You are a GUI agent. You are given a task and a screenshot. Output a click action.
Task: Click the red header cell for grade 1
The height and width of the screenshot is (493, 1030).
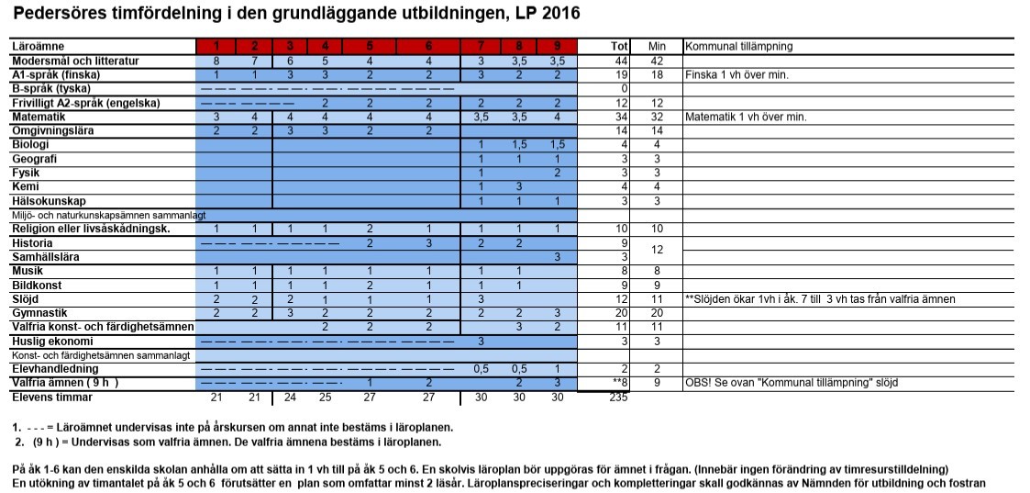click(x=216, y=46)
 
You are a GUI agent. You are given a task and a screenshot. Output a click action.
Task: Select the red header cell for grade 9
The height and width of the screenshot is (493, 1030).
click(x=558, y=46)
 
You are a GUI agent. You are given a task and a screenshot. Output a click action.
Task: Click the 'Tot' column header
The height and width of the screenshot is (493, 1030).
click(x=619, y=46)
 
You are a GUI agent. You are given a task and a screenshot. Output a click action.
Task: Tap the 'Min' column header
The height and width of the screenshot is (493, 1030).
click(x=656, y=46)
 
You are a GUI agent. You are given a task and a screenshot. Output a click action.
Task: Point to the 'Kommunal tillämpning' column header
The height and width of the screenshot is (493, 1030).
click(x=739, y=46)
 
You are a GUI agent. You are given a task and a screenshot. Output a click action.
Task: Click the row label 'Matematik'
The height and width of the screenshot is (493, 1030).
click(x=38, y=118)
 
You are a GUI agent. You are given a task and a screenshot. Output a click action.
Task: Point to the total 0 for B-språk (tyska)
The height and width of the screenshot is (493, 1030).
click(x=623, y=88)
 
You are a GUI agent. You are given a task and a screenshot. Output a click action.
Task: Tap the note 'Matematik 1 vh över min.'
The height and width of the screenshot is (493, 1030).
click(x=746, y=118)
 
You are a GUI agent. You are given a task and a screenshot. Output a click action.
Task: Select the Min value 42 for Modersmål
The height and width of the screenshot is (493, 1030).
click(x=657, y=61)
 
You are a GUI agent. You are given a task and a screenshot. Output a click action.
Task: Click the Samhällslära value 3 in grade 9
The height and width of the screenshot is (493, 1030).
click(x=558, y=257)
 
